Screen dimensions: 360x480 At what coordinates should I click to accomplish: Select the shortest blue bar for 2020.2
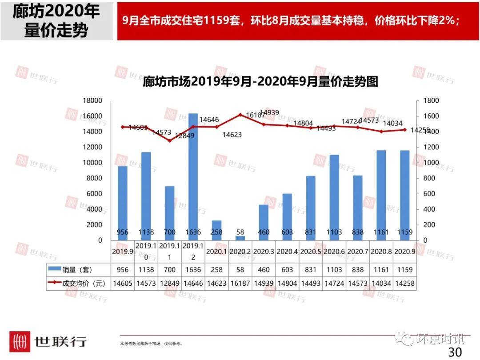tap(240, 238)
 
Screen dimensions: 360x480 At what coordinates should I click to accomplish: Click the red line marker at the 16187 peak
tap(240, 115)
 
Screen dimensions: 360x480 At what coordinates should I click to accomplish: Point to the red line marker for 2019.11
tap(169, 140)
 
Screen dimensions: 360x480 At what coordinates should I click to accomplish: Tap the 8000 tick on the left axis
tap(94, 178)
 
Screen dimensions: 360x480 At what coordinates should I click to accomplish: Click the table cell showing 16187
tap(240, 283)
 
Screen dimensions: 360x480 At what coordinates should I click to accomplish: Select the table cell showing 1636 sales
tap(193, 269)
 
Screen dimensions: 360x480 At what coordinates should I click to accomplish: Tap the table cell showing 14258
tap(404, 283)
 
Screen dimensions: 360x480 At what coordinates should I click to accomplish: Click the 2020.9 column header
tap(404, 252)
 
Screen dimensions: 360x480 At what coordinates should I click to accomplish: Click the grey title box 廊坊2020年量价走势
tap(56, 21)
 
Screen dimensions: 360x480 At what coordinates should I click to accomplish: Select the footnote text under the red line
tap(151, 344)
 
